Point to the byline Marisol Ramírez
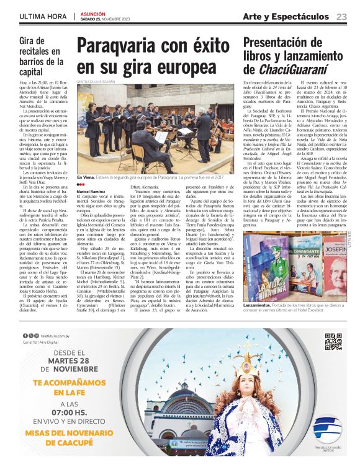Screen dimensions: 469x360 tap(92, 192)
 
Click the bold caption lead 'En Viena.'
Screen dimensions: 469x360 tap(86, 177)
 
